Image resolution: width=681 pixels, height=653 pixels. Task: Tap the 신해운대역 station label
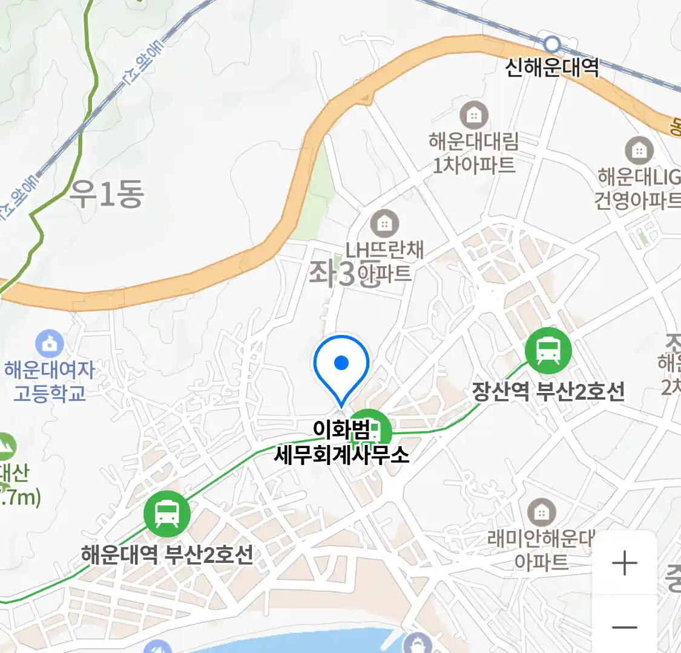[x=552, y=66]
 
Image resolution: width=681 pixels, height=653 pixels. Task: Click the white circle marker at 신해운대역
[x=551, y=44]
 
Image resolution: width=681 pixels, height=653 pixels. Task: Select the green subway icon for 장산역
[x=548, y=350]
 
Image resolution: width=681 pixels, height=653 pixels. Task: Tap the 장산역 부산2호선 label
[x=548, y=391]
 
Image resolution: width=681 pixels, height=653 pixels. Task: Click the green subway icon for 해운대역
[x=166, y=513]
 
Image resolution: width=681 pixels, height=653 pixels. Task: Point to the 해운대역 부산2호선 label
[x=166, y=554]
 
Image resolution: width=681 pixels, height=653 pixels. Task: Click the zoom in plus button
[x=624, y=564]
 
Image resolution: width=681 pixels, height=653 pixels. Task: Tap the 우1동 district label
[x=107, y=193]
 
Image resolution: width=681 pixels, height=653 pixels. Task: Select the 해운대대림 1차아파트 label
[x=474, y=153]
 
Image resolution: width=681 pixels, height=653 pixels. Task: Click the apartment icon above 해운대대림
[x=474, y=114]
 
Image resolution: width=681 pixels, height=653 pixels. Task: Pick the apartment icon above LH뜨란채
[x=384, y=224]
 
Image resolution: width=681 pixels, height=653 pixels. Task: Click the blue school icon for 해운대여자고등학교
[x=50, y=344]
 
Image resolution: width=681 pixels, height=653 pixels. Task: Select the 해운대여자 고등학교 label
[x=50, y=381]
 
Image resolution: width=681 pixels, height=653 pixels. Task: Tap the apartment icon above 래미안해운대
[x=542, y=513]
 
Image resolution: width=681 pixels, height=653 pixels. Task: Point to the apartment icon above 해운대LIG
[x=639, y=150]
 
